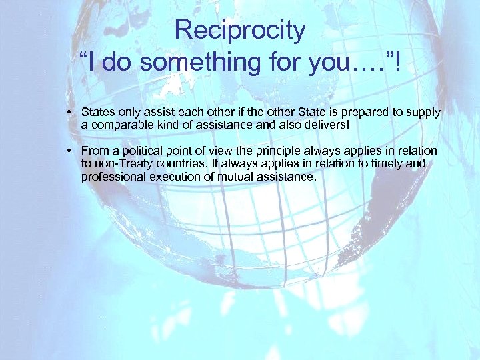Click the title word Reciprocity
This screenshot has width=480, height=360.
tap(240, 30)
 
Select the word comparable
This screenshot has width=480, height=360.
tap(121, 125)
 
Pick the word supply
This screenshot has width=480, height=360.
tap(423, 113)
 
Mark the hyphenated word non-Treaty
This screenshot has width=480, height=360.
tap(123, 163)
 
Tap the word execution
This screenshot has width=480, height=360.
tap(173, 176)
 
